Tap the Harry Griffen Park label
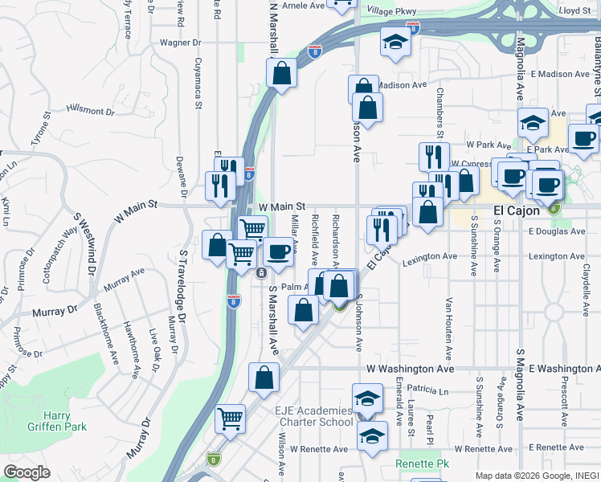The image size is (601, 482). tap(66, 421)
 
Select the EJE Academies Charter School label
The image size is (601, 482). tap(313, 416)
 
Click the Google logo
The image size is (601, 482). tap(27, 472)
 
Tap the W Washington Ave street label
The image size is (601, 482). tap(411, 369)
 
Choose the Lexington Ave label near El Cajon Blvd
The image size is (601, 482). tap(429, 257)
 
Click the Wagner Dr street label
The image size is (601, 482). tap(179, 43)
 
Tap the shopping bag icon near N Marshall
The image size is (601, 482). tap(282, 74)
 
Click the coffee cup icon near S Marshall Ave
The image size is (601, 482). tap(278, 251)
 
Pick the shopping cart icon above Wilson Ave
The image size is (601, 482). tap(231, 417)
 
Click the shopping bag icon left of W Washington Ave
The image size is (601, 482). tap(264, 377)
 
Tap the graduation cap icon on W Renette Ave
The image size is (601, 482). tap(372, 435)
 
